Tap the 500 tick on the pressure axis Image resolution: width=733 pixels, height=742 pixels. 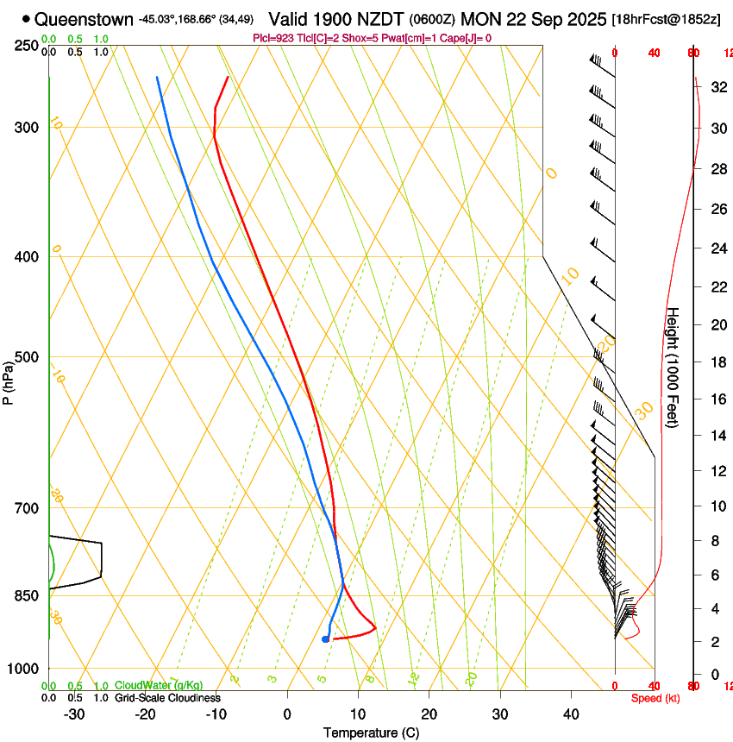coord(27,357)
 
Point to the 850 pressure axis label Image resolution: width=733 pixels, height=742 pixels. coord(27,595)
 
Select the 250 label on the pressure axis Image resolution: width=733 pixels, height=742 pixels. coord(27,45)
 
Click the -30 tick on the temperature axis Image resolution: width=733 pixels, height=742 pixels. coord(74,714)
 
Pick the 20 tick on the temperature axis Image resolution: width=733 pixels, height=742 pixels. coord(429,714)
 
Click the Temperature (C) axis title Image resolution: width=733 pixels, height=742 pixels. coord(371,733)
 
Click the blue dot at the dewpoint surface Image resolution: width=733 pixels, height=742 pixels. coord(325,639)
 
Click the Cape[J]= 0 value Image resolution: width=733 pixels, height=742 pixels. coord(469,38)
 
